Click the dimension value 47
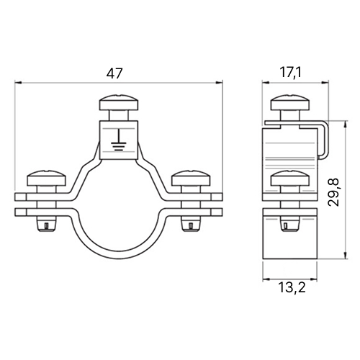114,73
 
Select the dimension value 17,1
290,73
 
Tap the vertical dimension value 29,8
333,192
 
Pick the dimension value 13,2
292,287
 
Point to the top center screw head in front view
119,103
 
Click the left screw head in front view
47,178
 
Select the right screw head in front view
192,178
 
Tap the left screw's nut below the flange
47,224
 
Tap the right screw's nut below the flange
191,224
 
